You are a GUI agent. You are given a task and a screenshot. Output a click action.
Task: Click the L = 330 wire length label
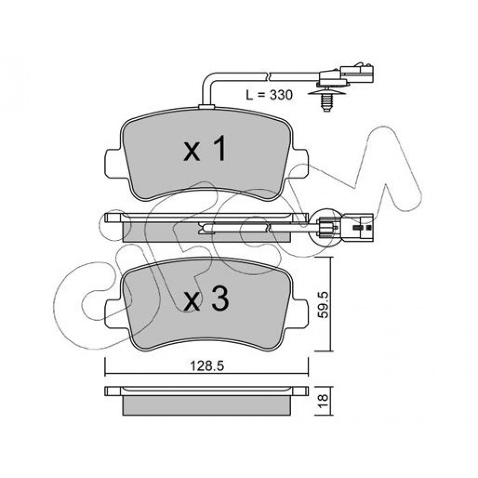tap(269, 95)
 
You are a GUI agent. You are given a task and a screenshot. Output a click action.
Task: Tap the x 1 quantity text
tap(205, 149)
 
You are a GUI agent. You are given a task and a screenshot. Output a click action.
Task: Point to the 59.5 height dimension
tap(323, 304)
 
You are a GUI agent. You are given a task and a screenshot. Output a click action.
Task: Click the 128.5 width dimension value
tap(207, 366)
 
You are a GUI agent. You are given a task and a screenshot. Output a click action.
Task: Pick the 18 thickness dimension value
tap(323, 401)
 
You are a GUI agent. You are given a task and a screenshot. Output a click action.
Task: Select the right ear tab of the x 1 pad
tap(299, 163)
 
